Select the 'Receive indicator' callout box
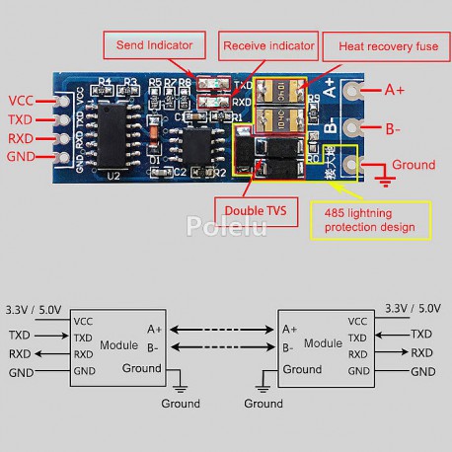point(268,45)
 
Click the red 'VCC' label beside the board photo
point(22,100)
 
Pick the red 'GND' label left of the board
point(22,156)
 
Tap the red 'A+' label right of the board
point(395,90)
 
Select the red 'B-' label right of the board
point(393,128)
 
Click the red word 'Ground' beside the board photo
point(413,164)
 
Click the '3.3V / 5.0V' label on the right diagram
point(413,308)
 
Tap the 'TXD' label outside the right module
point(422,336)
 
